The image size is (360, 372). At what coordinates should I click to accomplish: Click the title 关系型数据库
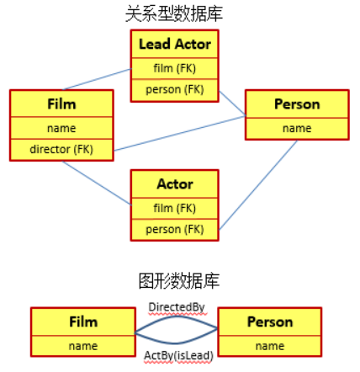point(174,13)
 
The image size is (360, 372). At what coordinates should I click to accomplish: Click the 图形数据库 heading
point(179,281)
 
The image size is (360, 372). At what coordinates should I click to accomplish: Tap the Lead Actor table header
point(175,44)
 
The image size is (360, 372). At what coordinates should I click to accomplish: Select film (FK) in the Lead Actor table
point(174,68)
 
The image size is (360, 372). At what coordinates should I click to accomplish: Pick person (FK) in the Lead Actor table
point(174,89)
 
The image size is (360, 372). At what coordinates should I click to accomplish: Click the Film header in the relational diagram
point(61,104)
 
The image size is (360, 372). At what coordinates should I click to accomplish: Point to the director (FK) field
point(61,149)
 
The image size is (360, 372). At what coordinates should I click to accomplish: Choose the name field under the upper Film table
point(61,128)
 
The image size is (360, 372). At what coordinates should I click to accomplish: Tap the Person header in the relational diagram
point(297,104)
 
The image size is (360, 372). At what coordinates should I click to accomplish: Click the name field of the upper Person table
point(297,128)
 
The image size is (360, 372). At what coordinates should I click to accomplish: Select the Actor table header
point(175,184)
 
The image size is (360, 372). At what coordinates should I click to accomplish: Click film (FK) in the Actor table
point(174,208)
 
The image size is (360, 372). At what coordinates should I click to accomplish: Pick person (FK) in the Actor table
point(174,230)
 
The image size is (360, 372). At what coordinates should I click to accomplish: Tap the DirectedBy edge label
point(177,307)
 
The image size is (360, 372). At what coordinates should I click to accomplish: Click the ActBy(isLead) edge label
point(178,355)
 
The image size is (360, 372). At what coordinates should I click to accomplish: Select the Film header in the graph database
point(83,322)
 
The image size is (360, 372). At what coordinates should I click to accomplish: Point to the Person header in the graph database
point(270,322)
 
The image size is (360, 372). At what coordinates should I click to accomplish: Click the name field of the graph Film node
point(83,346)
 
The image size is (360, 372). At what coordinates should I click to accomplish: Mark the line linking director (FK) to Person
point(180,134)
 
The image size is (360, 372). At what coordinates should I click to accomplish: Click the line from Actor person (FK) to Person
point(258,185)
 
